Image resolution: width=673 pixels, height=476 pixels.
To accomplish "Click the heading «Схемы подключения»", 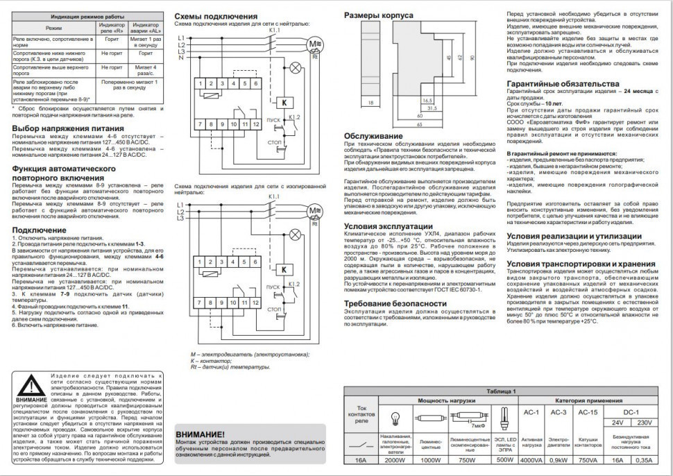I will (x=216, y=16).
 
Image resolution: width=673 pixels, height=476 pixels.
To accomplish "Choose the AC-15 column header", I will (x=588, y=412).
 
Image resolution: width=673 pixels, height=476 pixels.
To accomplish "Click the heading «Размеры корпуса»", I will (x=378, y=15).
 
